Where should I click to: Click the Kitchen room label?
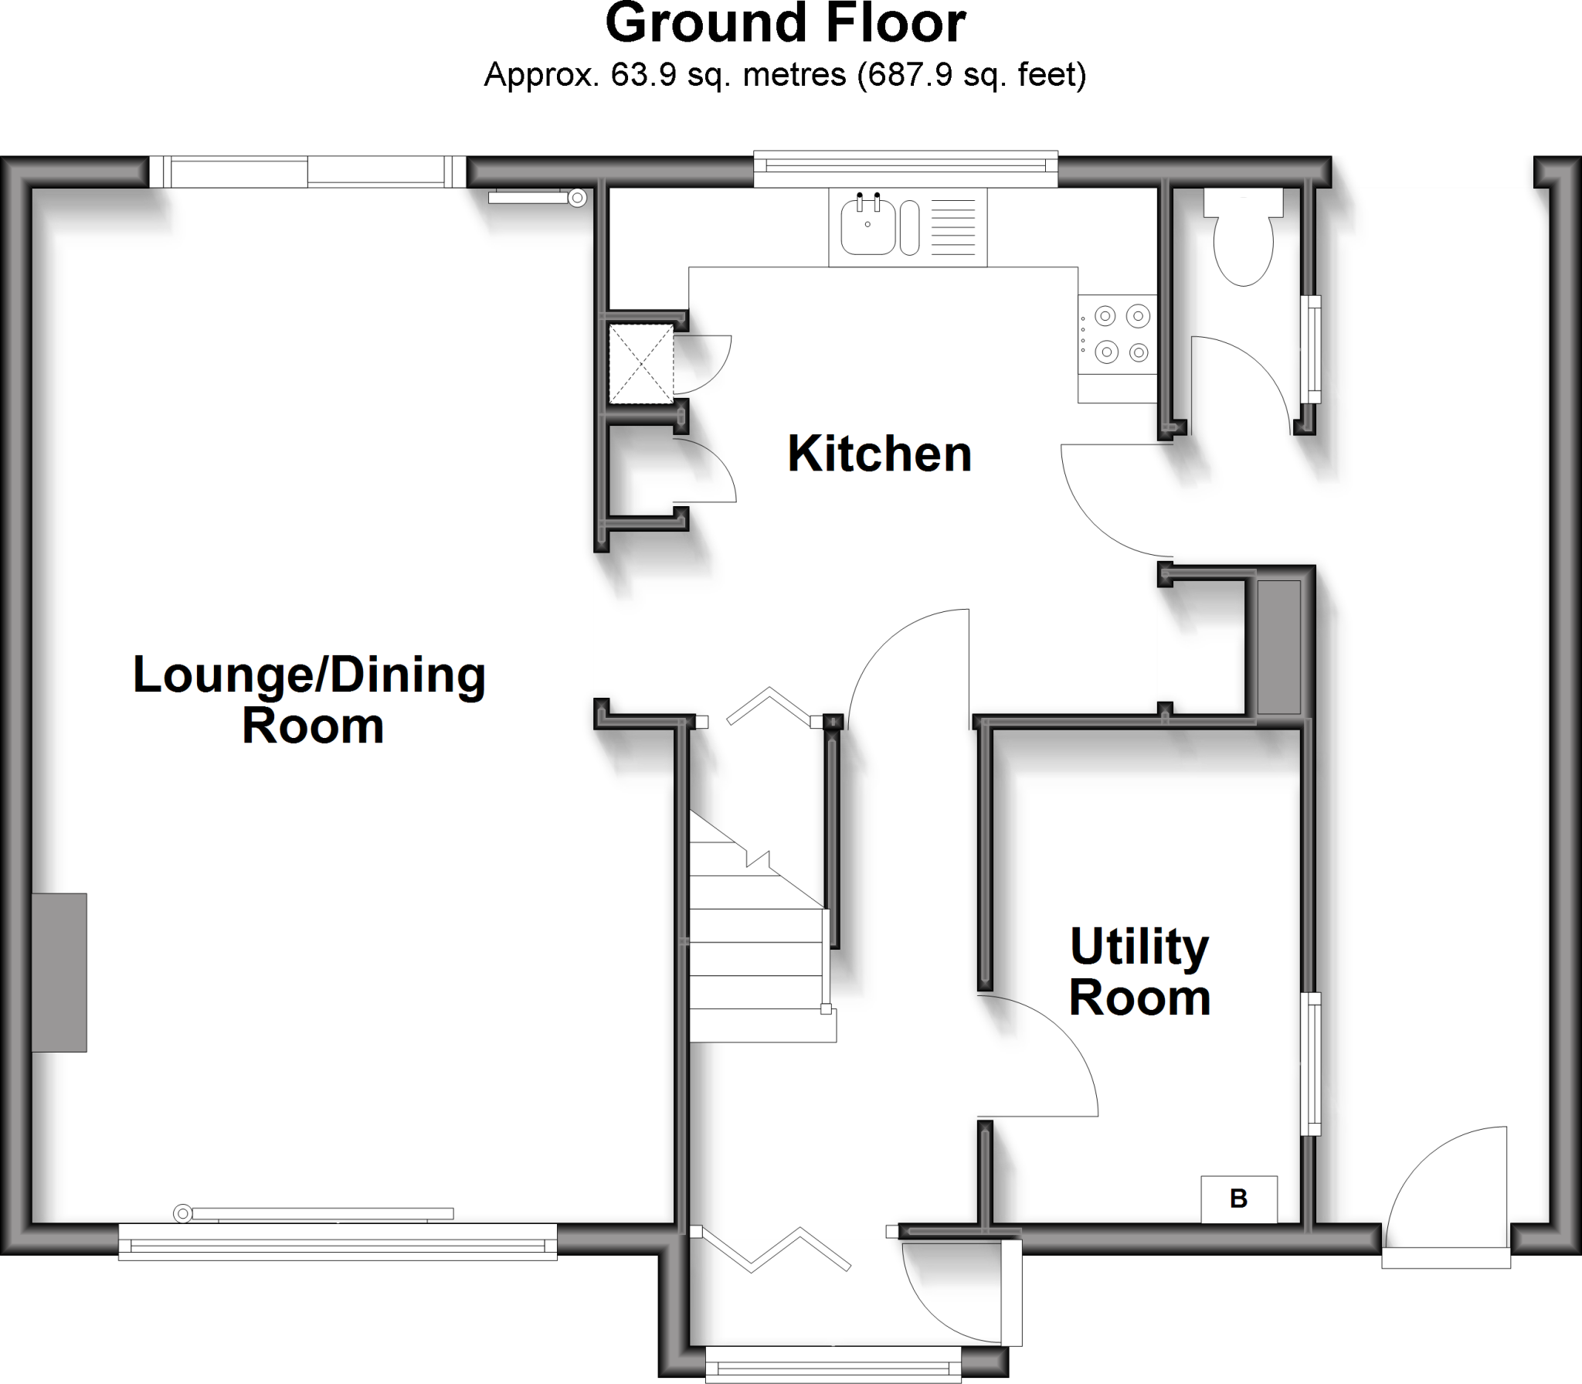(x=879, y=454)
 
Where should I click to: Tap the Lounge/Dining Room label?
(x=310, y=699)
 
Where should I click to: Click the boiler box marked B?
(x=1238, y=1199)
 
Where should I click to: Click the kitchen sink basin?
(x=867, y=227)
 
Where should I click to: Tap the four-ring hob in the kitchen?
(x=1118, y=335)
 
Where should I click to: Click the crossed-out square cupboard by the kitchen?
(x=641, y=364)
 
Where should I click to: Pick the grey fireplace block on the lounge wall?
(x=59, y=972)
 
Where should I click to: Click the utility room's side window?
(x=1310, y=1063)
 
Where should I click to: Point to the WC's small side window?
(x=1310, y=349)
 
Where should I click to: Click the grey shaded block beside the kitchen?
(x=1278, y=647)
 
